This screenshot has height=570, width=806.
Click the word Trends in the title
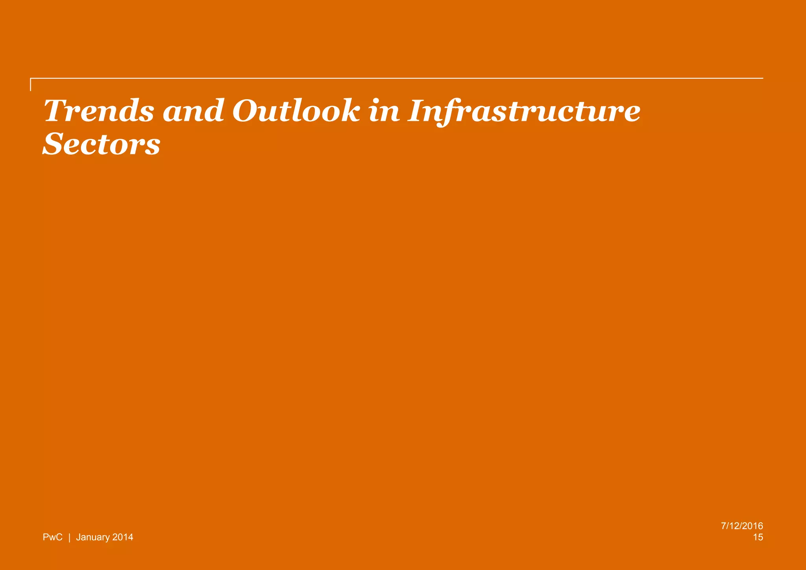pyautogui.click(x=99, y=111)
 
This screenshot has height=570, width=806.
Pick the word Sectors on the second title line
pyautogui.click(x=102, y=144)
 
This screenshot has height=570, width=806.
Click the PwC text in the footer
pyautogui.click(x=52, y=537)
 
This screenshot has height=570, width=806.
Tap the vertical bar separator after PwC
pyautogui.click(x=69, y=537)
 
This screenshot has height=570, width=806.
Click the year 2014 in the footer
pyautogui.click(x=123, y=537)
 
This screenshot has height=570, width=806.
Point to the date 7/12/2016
pyautogui.click(x=742, y=526)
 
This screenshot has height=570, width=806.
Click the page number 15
pyautogui.click(x=758, y=537)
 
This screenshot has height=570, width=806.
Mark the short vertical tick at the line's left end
pyautogui.click(x=31, y=85)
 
